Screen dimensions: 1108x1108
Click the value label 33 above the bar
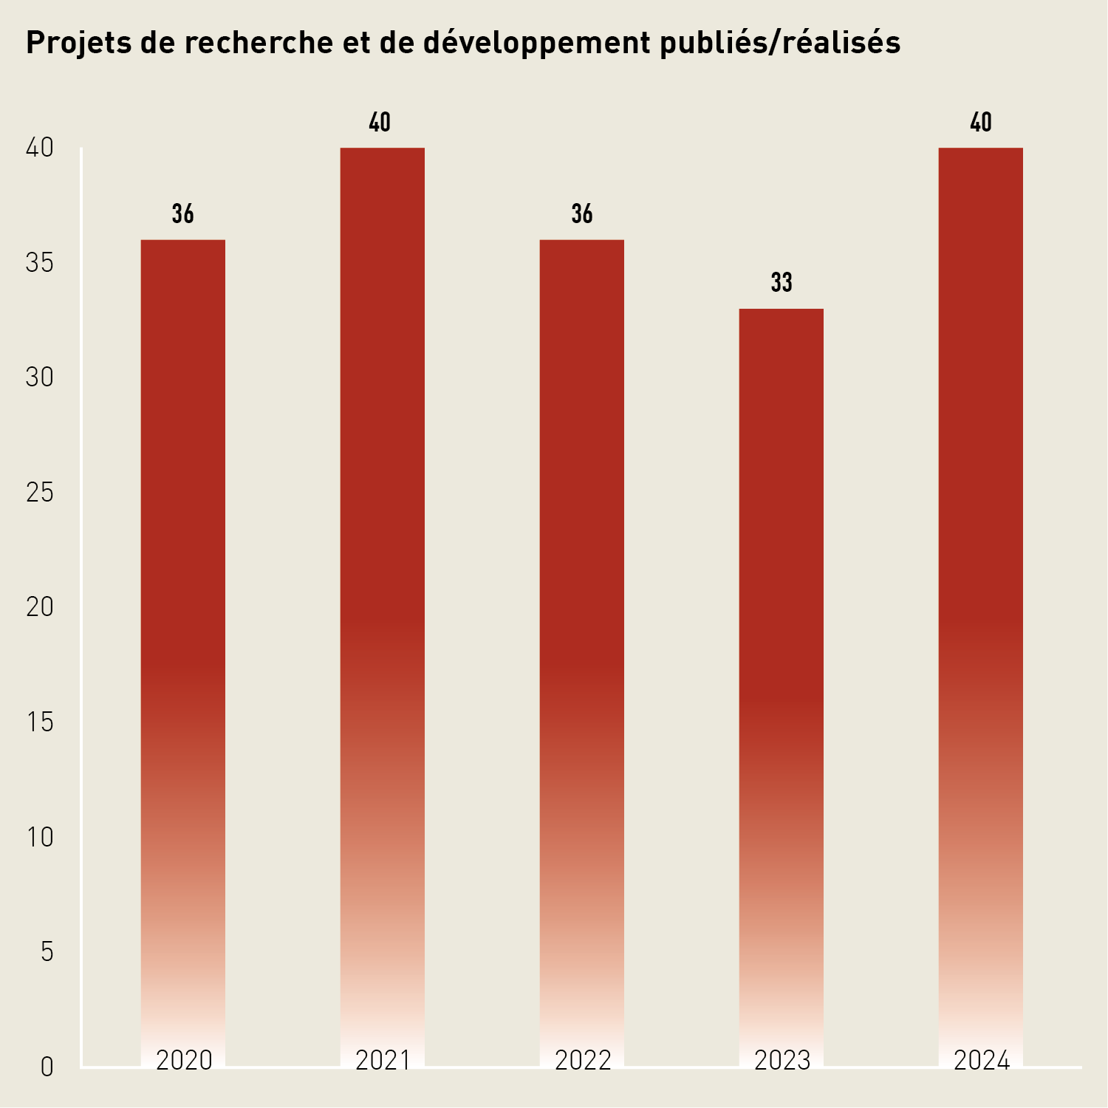782,283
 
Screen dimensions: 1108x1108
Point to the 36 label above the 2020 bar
183,214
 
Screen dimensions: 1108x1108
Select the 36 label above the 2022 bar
582,214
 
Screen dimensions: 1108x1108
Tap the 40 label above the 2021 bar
380,123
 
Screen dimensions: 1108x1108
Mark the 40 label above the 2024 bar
981,123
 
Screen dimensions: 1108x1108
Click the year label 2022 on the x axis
583,1061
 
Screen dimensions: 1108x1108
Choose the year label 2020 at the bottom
184,1061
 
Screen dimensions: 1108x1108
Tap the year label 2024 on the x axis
982,1061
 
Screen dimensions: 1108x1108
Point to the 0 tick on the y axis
47,1067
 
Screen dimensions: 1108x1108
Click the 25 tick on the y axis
40,493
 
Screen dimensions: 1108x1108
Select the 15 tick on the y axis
40,722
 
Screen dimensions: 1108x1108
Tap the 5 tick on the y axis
47,952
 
